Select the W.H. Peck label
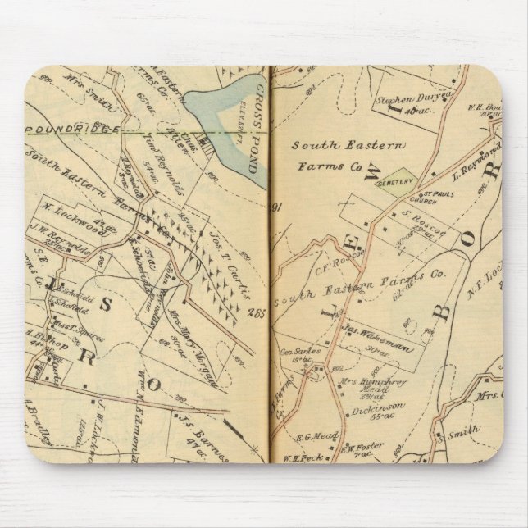[x=298, y=457]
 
